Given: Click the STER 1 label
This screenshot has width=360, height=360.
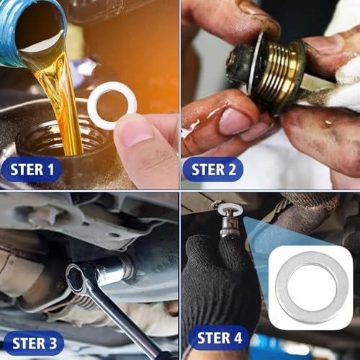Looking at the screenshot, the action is click(x=32, y=169).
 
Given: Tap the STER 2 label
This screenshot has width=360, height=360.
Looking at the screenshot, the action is click(x=213, y=169).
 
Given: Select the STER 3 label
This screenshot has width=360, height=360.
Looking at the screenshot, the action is click(x=34, y=343).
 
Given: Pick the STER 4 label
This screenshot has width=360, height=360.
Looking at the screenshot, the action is click(x=219, y=338).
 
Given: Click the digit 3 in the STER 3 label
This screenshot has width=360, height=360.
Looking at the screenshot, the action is click(x=51, y=343).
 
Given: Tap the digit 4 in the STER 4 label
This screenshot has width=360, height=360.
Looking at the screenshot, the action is click(x=236, y=338).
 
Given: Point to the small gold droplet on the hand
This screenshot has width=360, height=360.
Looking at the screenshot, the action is click(x=328, y=122).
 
